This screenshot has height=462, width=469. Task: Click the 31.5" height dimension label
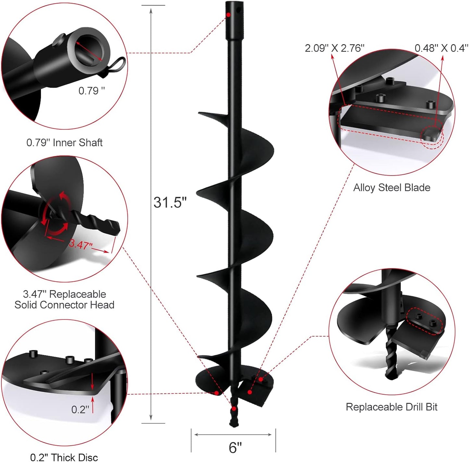[170, 202]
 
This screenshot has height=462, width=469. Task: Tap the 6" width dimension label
[235, 448]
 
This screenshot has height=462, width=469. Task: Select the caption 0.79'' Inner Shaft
[64, 143]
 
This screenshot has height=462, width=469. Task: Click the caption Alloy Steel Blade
[392, 188]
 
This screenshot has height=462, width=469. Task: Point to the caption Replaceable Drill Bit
[391, 407]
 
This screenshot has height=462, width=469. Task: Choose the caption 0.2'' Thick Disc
[64, 457]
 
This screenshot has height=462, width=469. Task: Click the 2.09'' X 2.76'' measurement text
[334, 48]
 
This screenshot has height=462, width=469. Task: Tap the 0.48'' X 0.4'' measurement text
[441, 48]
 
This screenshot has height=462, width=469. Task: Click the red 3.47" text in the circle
[80, 244]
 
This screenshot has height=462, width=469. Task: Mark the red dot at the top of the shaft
[228, 15]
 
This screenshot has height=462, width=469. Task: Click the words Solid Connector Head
[64, 305]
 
